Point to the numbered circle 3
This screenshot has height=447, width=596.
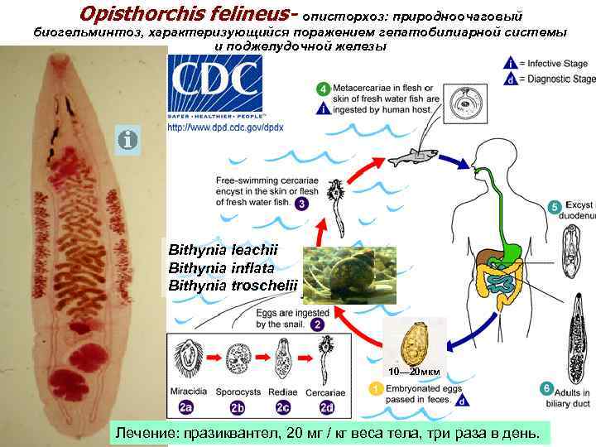[303, 204]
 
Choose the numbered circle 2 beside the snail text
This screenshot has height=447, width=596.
[318, 325]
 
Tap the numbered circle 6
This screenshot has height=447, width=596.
[546, 388]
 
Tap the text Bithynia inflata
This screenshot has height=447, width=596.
[221, 267]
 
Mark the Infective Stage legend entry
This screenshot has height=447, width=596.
[550, 63]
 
